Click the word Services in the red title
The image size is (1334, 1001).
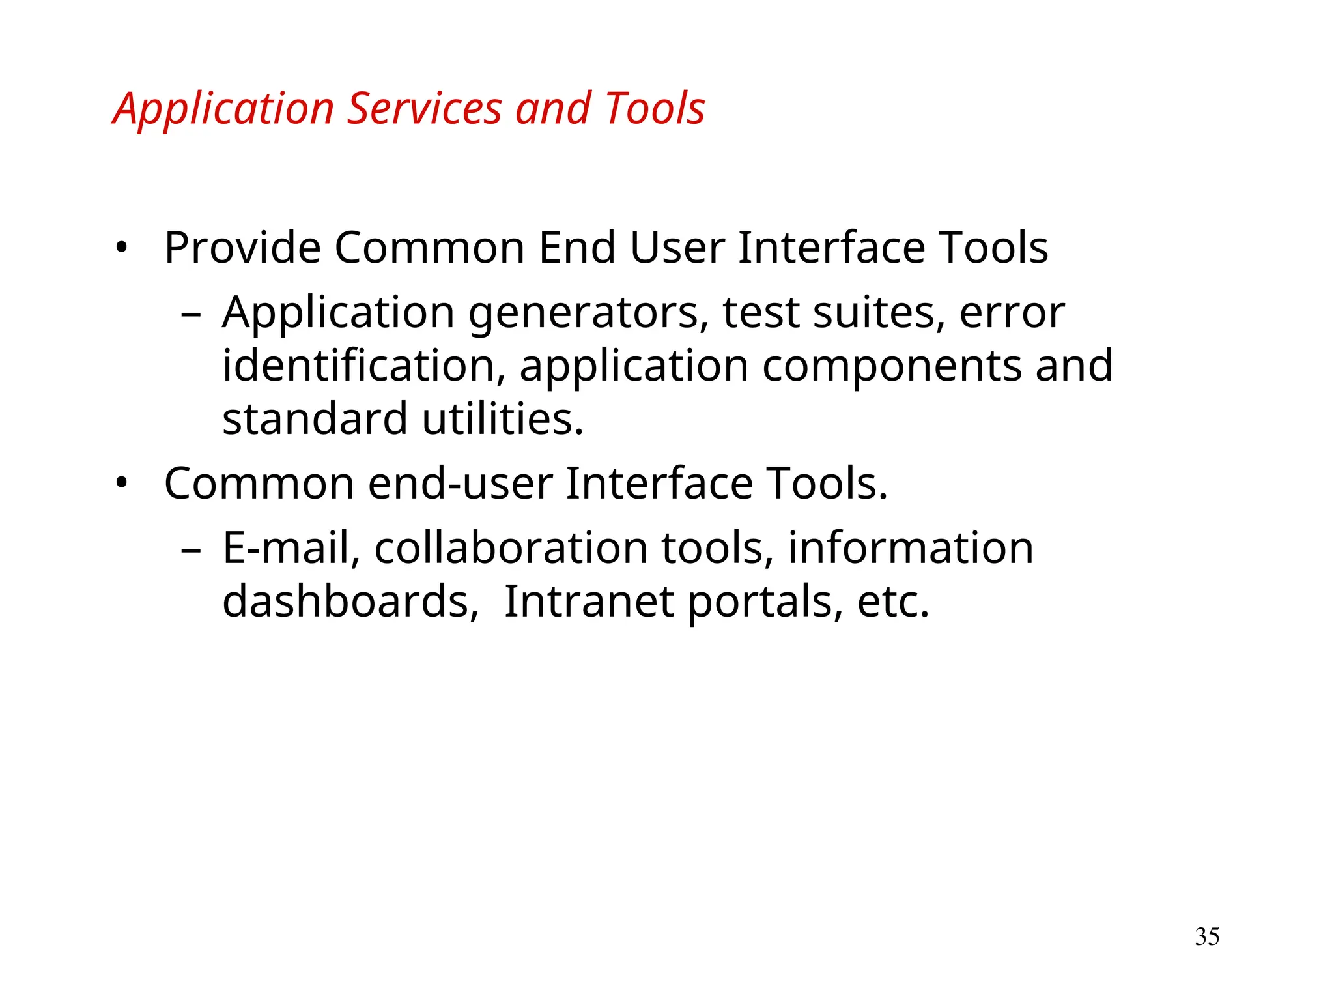point(424,108)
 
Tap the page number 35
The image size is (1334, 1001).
point(1207,936)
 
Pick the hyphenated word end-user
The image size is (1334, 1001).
point(461,484)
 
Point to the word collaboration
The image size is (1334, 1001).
point(511,548)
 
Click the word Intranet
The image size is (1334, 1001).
point(589,601)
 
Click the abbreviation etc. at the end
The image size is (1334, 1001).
point(893,601)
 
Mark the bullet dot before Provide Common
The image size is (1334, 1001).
point(121,248)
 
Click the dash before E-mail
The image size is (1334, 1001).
point(191,550)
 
